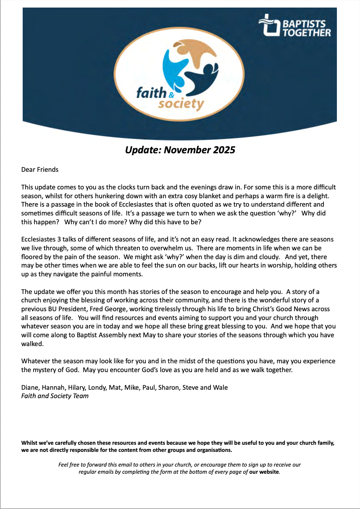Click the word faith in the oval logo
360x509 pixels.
tap(151, 92)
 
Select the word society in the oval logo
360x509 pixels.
tap(181, 104)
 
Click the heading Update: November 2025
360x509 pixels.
tap(180, 150)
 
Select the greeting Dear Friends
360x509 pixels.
tap(40, 170)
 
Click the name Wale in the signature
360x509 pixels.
tap(221, 387)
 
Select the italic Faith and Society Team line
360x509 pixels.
tap(55, 396)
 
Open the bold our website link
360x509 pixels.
tap(264, 472)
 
